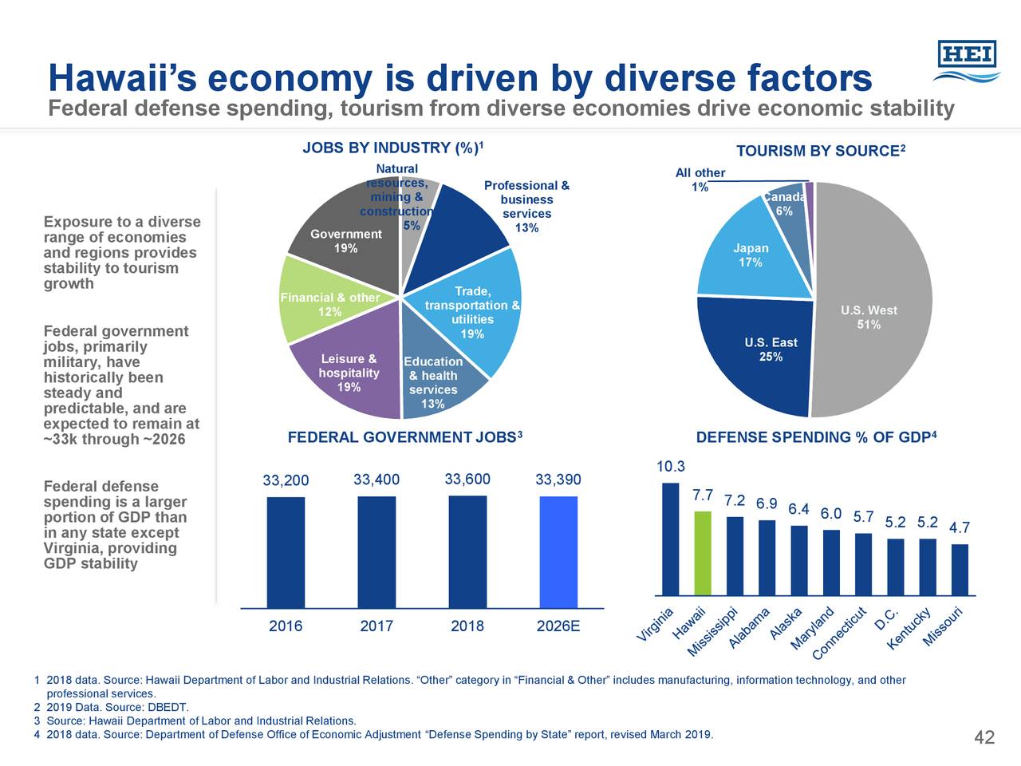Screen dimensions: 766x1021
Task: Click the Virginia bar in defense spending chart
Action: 670,539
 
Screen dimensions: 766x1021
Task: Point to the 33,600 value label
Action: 467,479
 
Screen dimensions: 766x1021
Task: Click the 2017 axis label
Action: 376,626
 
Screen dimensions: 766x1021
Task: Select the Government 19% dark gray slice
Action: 347,231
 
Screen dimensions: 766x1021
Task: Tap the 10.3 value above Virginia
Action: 670,467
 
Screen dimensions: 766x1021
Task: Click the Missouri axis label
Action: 946,627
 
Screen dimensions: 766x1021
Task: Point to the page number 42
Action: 984,737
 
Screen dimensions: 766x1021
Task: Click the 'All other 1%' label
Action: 700,180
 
